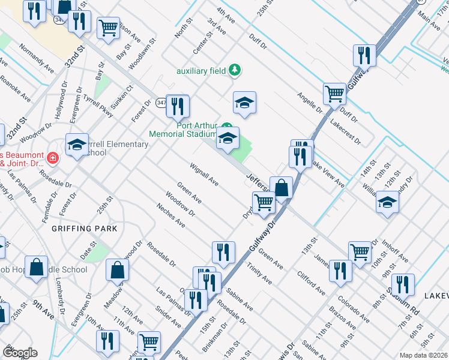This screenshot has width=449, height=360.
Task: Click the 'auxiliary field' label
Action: (x=200, y=71)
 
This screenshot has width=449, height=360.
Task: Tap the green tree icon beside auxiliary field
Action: (x=235, y=70)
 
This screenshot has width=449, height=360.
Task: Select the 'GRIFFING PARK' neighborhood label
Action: (x=85, y=229)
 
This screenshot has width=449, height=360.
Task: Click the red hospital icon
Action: (x=53, y=158)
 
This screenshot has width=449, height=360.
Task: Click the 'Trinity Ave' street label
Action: (x=259, y=275)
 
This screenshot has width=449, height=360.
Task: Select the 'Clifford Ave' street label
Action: (x=311, y=283)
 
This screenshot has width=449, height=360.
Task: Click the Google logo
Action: (x=20, y=353)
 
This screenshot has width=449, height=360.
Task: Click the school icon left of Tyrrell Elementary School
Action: (x=77, y=145)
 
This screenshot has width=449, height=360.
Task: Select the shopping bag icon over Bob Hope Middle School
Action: (x=37, y=268)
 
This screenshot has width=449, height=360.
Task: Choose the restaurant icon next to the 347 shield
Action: (x=177, y=106)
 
